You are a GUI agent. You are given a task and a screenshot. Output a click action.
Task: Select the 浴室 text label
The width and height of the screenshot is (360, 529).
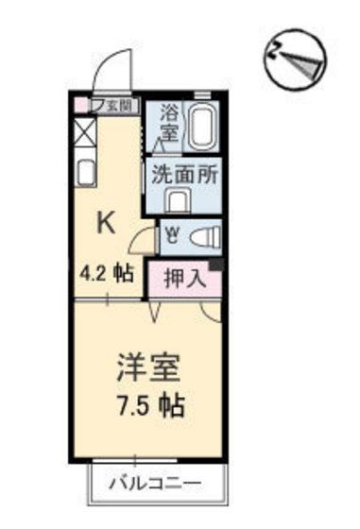[x=171, y=123]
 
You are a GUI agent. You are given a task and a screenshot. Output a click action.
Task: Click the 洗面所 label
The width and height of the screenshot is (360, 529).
[x=180, y=176]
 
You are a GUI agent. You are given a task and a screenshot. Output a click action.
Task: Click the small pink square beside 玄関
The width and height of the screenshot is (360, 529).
[x=94, y=105]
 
